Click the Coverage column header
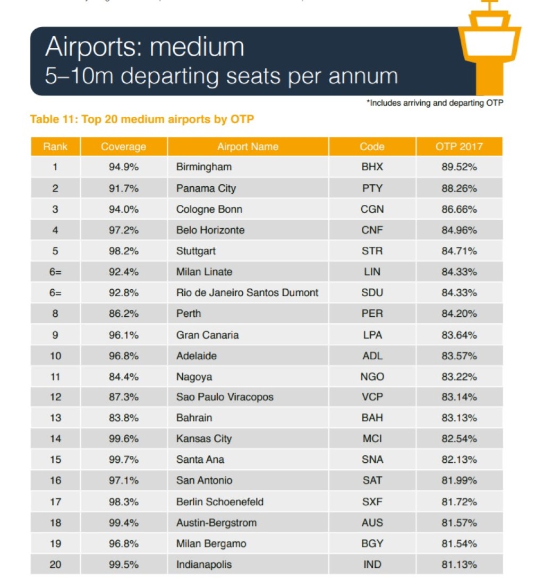pyautogui.click(x=123, y=147)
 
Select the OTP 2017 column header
pyautogui.click(x=459, y=147)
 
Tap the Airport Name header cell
pyautogui.click(x=248, y=147)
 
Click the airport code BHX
pyautogui.click(x=372, y=167)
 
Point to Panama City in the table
pyautogui.click(x=206, y=188)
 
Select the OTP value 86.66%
pyautogui.click(x=459, y=209)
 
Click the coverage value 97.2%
pyautogui.click(x=124, y=230)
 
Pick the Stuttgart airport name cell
pyautogui.click(x=196, y=251)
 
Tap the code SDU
pyautogui.click(x=372, y=293)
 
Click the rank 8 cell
pyautogui.click(x=55, y=314)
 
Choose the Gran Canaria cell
pyautogui.click(x=207, y=335)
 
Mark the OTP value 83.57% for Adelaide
pyautogui.click(x=459, y=356)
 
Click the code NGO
pyautogui.click(x=372, y=377)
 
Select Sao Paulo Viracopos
pyautogui.click(x=225, y=397)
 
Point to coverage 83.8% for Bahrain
pyautogui.click(x=124, y=418)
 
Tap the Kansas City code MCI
pyautogui.click(x=372, y=439)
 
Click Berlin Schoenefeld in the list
pyautogui.click(x=220, y=501)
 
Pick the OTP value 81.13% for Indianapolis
pyautogui.click(x=459, y=564)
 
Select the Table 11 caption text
pyautogui.click(x=142, y=119)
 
